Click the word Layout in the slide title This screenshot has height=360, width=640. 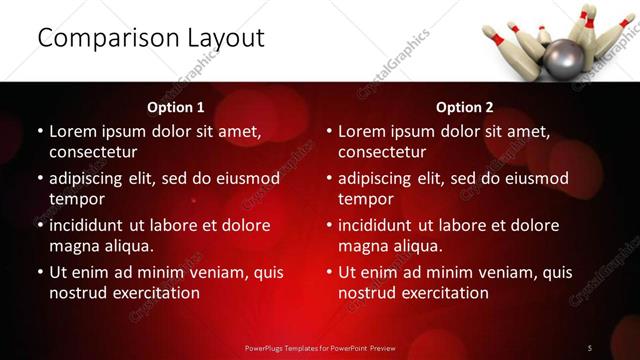[222, 38]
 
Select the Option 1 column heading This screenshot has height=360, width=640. [176, 107]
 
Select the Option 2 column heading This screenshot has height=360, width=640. [465, 107]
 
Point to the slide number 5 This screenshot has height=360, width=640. [590, 347]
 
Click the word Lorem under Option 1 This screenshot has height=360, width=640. [73, 131]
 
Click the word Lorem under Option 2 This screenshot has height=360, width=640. [362, 131]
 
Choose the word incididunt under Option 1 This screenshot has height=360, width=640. [93, 225]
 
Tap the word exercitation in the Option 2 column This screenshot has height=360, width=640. [443, 293]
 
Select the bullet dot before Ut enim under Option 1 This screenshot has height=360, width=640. [39, 272]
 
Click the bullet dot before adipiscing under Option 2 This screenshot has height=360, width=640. [328, 178]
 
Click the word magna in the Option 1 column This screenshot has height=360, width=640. [75, 246]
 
